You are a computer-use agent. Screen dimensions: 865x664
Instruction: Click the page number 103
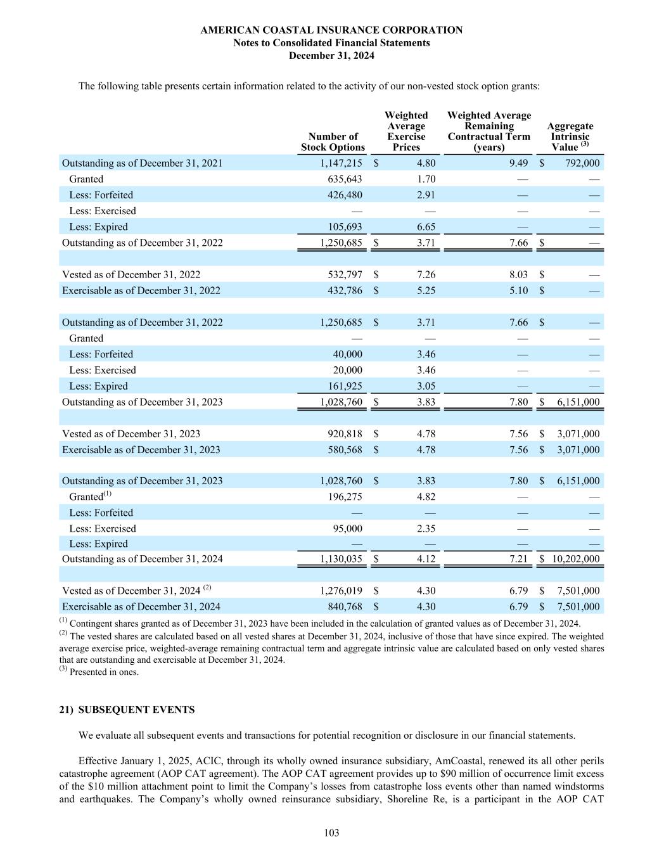(x=331, y=833)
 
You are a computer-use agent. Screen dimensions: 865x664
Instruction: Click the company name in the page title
(x=331, y=30)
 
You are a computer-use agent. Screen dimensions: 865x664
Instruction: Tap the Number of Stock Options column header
(x=333, y=142)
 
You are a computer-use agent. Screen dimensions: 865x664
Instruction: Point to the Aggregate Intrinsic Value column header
(x=570, y=136)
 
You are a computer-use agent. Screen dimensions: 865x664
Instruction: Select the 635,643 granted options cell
(x=345, y=179)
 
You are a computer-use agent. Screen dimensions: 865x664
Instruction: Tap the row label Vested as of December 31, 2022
(x=131, y=274)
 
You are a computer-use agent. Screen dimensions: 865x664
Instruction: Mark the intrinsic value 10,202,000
(x=575, y=559)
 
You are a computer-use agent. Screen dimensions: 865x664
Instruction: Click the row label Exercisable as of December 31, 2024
(x=141, y=606)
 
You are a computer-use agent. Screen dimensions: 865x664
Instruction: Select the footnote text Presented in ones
(x=104, y=672)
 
